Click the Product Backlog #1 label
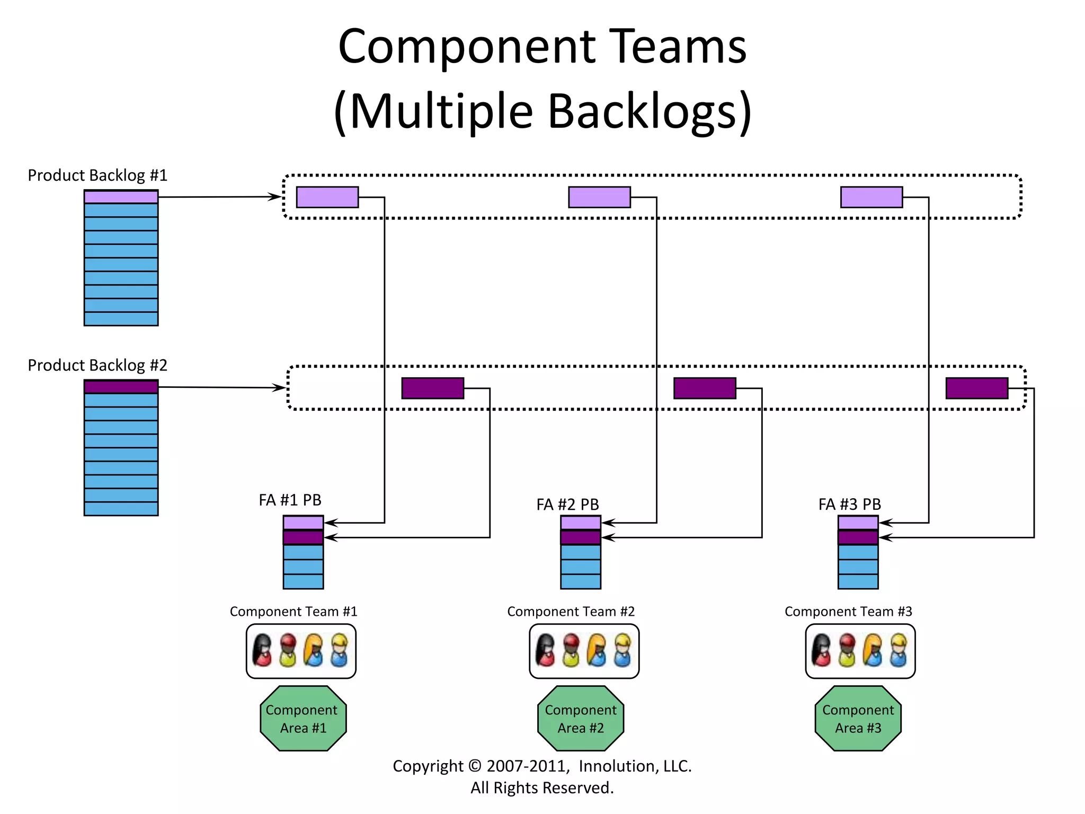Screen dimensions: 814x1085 [97, 175]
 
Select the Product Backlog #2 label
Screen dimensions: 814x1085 [97, 365]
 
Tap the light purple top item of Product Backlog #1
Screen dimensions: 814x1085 [121, 197]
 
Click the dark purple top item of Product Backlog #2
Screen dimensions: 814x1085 [121, 387]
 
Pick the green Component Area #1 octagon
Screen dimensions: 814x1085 [303, 718]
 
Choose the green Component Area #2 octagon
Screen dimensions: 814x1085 [581, 718]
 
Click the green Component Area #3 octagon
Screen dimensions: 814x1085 [858, 718]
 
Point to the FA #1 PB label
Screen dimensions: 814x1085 [290, 500]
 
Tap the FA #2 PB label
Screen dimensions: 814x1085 [567, 504]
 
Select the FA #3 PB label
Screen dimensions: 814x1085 [849, 504]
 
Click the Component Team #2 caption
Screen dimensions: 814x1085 [571, 612]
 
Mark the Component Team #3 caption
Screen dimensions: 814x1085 [848, 612]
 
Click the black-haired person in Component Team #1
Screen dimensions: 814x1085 [262, 650]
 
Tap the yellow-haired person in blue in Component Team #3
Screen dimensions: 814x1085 [898, 650]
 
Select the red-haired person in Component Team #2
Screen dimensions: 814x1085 [571, 650]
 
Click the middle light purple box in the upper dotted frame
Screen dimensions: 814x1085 [599, 197]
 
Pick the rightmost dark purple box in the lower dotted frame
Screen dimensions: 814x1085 [976, 388]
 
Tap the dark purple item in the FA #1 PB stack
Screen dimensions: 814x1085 [303, 537]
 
